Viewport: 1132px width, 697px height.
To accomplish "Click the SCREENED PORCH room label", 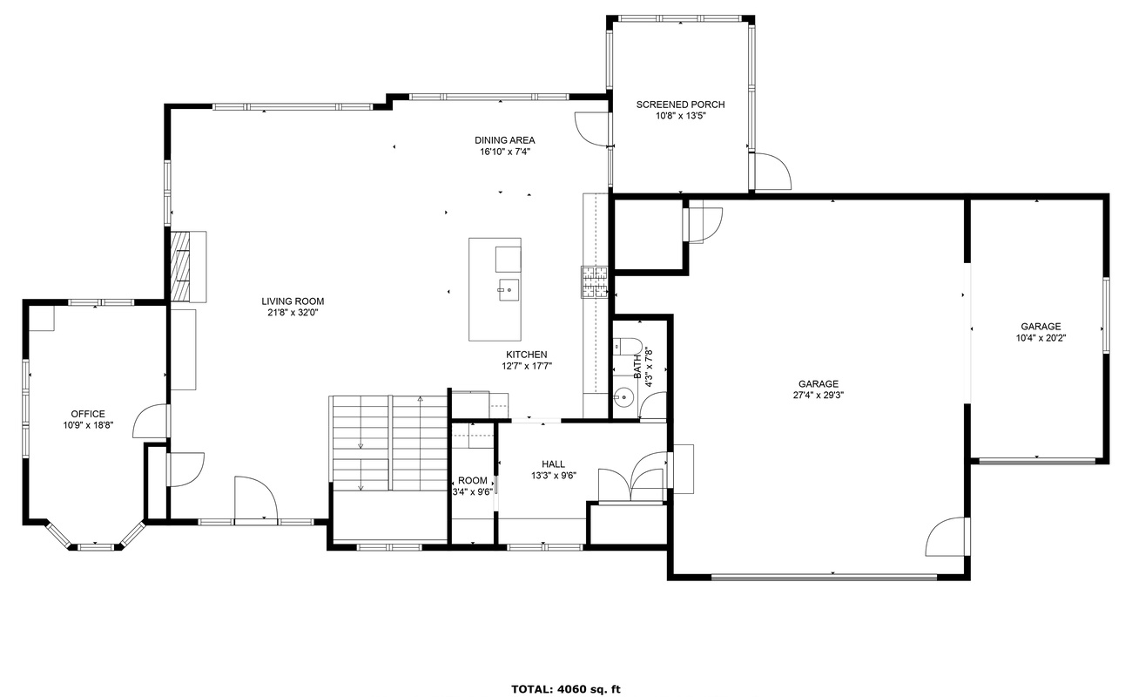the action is coord(680,105).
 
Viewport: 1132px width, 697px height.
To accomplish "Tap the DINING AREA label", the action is coord(504,140).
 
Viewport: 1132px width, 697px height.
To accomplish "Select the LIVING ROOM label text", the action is coord(293,301).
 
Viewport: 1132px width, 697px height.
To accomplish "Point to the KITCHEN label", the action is coord(527,355).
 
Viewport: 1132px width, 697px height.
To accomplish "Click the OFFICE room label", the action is coord(88,414).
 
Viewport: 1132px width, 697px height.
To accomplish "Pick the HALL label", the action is coord(553,464).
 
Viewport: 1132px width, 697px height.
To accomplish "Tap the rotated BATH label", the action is coord(637,366).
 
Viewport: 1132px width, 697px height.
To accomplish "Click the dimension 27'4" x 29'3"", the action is coord(819,396).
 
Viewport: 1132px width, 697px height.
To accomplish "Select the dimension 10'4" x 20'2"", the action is coord(1041,338).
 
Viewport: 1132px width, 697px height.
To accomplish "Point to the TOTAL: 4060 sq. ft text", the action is coord(565,689).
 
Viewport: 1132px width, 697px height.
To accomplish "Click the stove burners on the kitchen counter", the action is coord(594,282).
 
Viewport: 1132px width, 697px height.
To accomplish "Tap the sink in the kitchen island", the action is coord(509,290).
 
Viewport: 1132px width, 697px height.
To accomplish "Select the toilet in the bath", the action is coord(627,347).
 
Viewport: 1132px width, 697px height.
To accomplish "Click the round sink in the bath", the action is coord(624,397).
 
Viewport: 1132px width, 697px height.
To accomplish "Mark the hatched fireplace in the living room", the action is coord(180,267).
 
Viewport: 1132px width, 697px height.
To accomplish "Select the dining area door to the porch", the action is coord(591,129).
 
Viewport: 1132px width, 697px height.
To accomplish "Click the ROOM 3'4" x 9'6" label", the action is coord(472,486).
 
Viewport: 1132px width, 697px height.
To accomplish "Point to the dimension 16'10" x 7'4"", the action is coord(504,152).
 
